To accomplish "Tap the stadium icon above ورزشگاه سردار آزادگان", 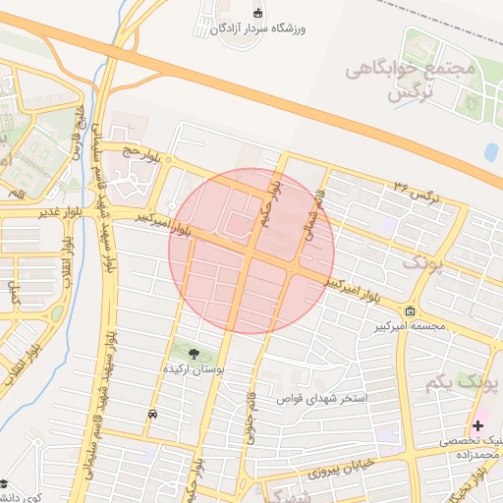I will pyautogui.click(x=258, y=12).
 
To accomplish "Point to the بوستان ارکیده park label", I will pyautogui.click(x=194, y=368).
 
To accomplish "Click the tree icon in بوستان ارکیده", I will pyautogui.click(x=193, y=353).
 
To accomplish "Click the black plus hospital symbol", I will pyautogui.click(x=477, y=425).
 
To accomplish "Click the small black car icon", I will pyautogui.click(x=152, y=415).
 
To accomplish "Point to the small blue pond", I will pyautogui.click(x=490, y=152).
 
